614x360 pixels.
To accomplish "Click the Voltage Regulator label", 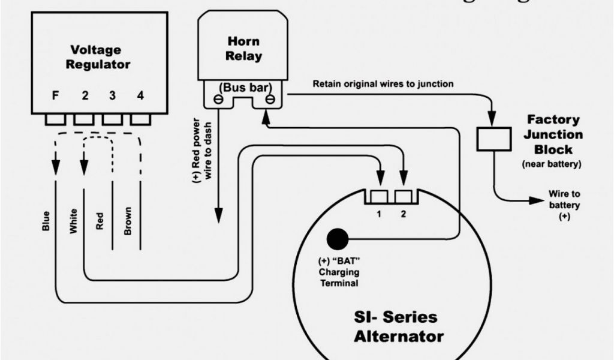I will pos(100,57).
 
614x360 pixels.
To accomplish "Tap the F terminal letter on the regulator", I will pos(55,95).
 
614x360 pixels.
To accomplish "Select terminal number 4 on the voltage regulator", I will pos(140,95).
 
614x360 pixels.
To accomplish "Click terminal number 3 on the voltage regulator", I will pos(112,95).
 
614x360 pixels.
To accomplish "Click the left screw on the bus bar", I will pos(211,100).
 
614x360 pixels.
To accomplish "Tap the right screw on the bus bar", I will pos(271,100).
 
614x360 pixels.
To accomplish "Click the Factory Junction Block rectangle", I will pos(493,139).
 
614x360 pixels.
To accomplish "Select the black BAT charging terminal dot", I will pos(337,239).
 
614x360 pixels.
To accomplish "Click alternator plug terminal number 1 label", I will pos(379,214).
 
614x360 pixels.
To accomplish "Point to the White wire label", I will pos(73,221).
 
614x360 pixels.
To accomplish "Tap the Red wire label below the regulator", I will pos(100,223).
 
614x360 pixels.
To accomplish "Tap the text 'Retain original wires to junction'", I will pos(383,84).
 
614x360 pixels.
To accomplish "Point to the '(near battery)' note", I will pos(552,163).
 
